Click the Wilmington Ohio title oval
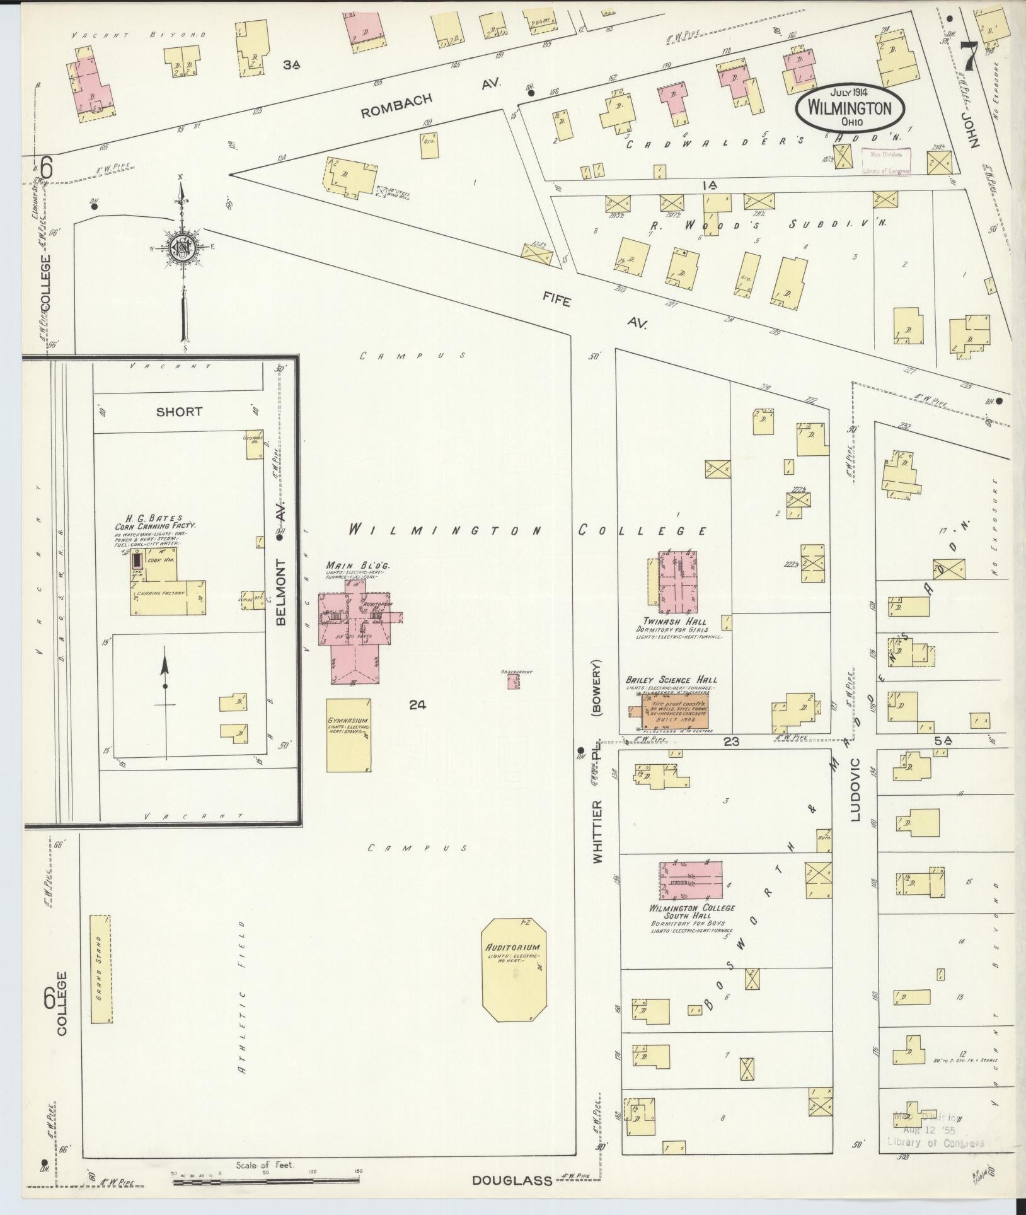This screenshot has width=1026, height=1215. pos(850,108)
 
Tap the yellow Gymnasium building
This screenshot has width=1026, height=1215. pos(348,735)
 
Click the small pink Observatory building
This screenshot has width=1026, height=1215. pos(514,682)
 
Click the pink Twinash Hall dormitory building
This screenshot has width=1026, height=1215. pos(677,581)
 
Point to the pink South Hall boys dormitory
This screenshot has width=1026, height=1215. pos(691,881)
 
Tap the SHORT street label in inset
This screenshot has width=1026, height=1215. pos(179,412)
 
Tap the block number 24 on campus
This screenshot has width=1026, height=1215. pos(417,705)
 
